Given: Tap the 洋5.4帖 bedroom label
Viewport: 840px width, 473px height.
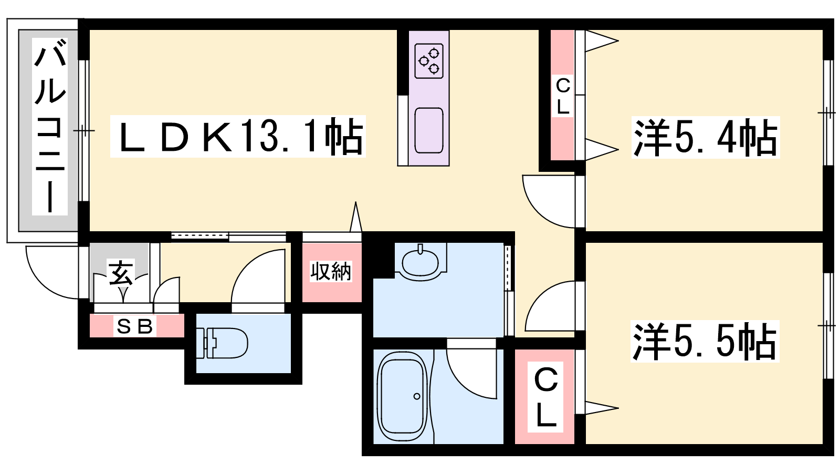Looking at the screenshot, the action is pos(706,137).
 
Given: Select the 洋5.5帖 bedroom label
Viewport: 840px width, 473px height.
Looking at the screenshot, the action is pos(705,341).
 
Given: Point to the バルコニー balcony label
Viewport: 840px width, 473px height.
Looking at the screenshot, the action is pos(50,127).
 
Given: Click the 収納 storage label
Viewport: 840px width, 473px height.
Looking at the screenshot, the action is pos(331,271).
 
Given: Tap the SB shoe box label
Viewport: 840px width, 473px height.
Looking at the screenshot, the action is pos(134,326).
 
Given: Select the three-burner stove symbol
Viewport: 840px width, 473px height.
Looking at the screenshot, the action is pos(429,61).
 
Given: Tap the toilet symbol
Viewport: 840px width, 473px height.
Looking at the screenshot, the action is pos(222,343).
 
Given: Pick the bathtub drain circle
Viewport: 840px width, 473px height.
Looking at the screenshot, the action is pos(417,396).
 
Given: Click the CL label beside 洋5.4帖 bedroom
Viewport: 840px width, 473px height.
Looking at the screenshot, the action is pos(562,96).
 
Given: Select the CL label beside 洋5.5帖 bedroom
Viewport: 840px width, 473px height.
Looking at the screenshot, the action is pos(545,397).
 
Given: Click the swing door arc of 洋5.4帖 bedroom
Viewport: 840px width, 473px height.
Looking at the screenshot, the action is pos(549,202).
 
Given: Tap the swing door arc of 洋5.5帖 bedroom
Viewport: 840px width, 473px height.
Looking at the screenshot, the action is pos(550,306).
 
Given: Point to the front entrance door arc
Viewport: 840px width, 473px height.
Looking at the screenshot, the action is pos(52,273).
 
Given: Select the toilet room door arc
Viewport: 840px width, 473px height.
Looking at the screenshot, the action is pos(258,276).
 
